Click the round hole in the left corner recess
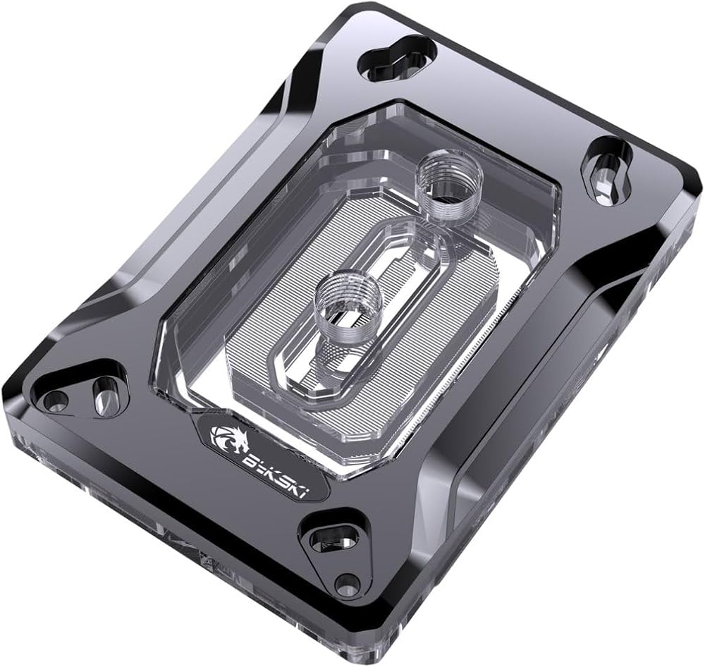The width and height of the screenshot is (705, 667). tap(55, 400)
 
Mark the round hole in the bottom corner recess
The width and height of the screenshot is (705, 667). tap(346, 583)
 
